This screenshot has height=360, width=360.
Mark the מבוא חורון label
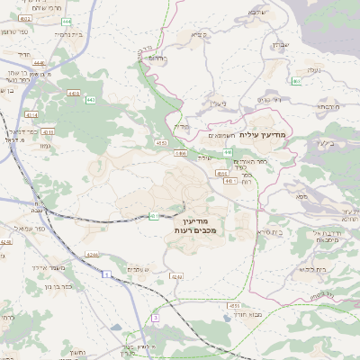(x=246, y=316)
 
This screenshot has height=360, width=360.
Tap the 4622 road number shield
(x=24, y=19)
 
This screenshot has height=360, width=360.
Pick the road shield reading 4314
(x=32, y=114)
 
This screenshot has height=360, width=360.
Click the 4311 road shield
(x=48, y=132)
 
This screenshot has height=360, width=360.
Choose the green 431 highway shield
(x=154, y=216)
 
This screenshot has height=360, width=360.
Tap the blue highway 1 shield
(x=105, y=273)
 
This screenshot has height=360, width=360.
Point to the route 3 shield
(x=155, y=318)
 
